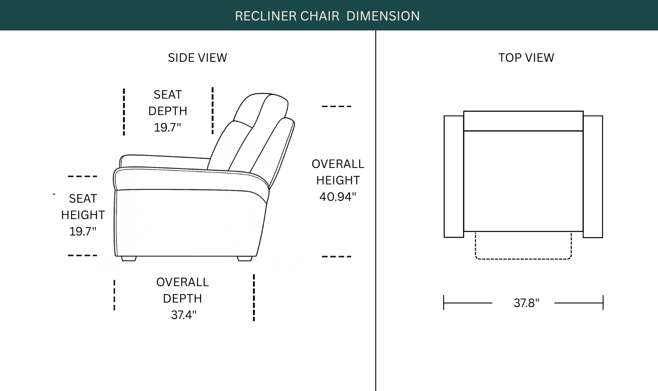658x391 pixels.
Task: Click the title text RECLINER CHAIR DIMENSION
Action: click(327, 16)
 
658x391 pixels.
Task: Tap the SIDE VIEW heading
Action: click(197, 58)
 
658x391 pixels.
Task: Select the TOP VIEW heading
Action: click(526, 58)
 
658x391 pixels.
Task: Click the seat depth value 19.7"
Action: click(168, 128)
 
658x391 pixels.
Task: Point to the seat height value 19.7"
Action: click(83, 231)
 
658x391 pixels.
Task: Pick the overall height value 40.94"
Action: click(338, 197)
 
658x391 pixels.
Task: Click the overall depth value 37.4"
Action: click(184, 315)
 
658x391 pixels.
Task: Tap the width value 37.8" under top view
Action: click(526, 303)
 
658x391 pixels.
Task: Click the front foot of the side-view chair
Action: click(128, 259)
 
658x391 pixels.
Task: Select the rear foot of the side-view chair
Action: click(245, 259)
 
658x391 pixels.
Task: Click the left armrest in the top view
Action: click(454, 176)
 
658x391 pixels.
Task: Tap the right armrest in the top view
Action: click(593, 176)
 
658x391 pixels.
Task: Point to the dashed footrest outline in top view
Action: click(523, 259)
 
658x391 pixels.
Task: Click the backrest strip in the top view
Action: click(523, 121)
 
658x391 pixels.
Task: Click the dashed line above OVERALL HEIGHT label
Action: click(337, 106)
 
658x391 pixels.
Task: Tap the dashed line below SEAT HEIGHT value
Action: click(83, 255)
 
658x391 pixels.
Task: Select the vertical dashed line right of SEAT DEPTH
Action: click(213, 111)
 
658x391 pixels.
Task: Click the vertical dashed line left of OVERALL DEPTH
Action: click(114, 295)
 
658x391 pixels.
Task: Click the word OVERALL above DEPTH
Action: click(182, 282)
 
